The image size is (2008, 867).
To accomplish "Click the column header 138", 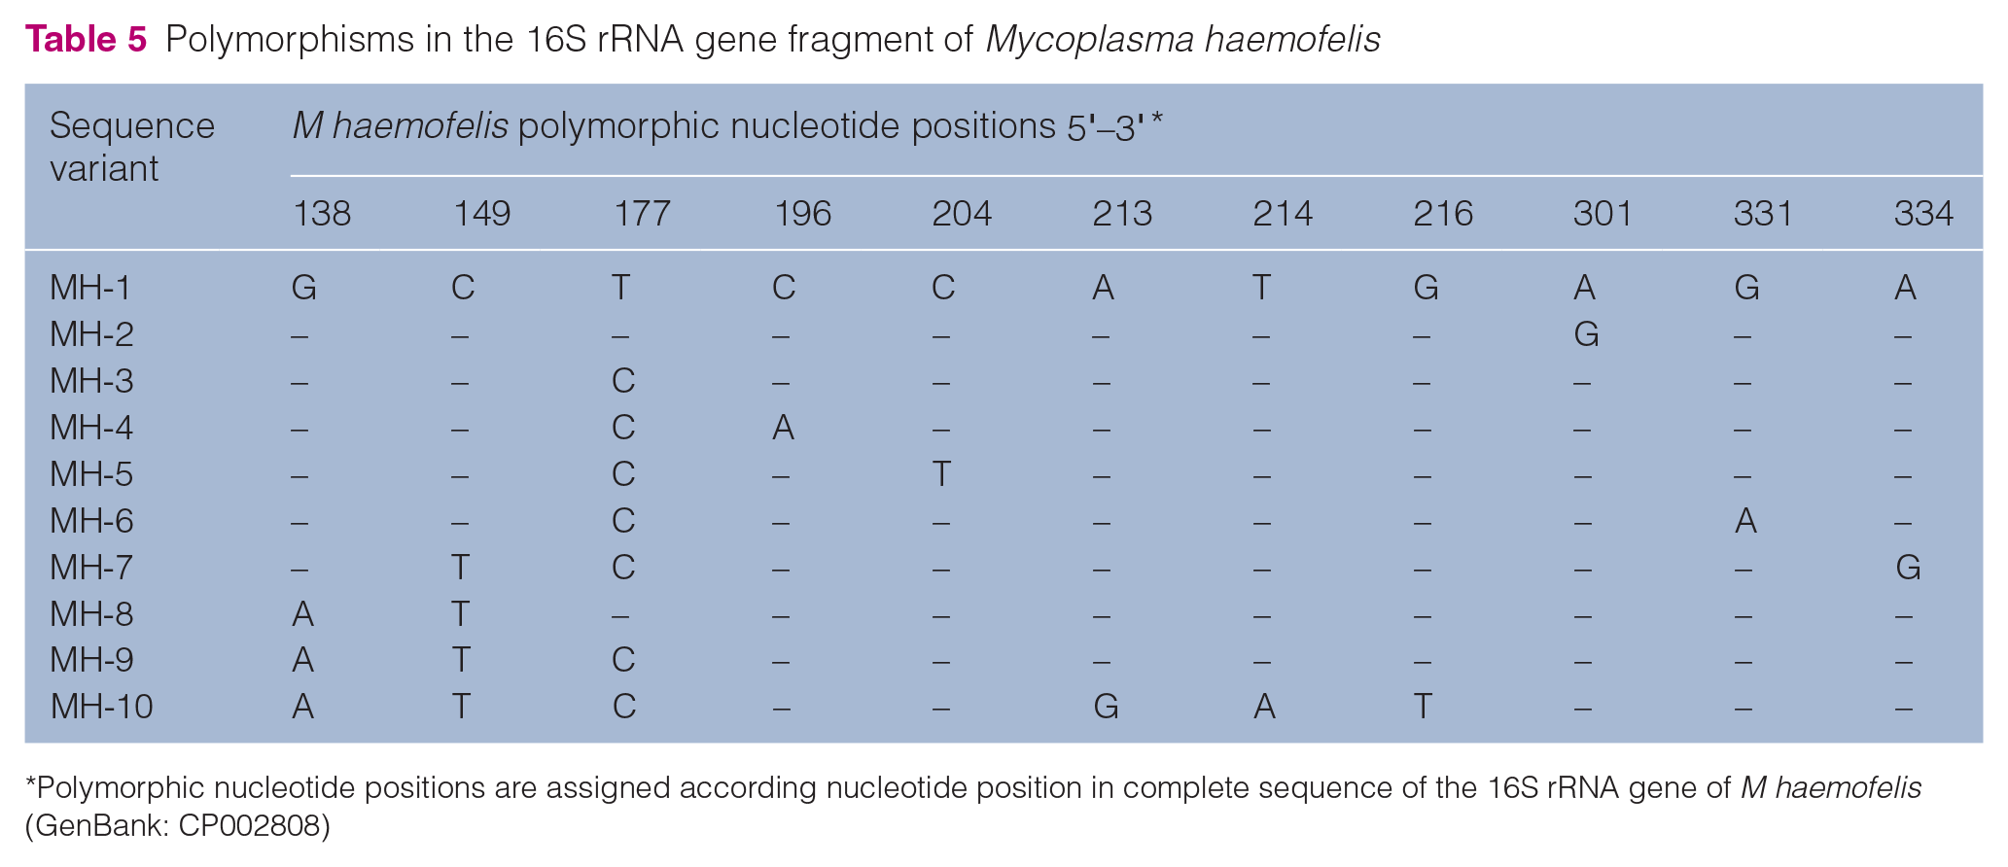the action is [321, 214].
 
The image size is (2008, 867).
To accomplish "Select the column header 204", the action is [962, 214].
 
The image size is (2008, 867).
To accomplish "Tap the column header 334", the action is [1923, 214].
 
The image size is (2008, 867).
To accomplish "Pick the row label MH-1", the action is [90, 288].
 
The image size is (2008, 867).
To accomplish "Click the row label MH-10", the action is [101, 707].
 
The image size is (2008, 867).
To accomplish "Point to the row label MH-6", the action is [91, 521].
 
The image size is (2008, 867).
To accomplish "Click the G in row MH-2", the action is [1586, 334].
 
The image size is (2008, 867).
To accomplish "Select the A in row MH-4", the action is [783, 428].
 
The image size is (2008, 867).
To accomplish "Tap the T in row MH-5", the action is [941, 474].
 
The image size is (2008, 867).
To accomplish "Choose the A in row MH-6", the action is [1745, 521].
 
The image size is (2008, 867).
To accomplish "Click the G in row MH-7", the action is [1908, 567].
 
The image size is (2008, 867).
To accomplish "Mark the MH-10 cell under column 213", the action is [1106, 707].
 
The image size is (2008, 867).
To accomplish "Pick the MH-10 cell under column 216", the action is [1423, 707].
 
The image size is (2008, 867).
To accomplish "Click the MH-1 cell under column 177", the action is [620, 288].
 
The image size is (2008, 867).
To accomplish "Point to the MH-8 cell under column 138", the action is [302, 614].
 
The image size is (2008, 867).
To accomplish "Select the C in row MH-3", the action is [623, 381].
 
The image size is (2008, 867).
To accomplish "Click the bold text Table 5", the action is [86, 39].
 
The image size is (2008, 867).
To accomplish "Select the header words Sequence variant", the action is [132, 147].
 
